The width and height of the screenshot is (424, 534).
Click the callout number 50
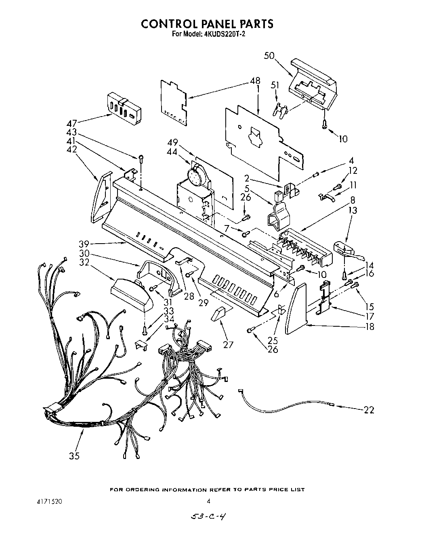270,56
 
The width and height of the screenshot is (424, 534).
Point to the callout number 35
74,456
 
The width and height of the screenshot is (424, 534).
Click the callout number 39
84,244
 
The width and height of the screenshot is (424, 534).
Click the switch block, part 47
123,107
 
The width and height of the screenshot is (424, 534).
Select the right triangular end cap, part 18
296,309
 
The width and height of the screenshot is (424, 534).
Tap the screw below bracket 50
324,125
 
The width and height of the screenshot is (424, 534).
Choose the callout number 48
255,81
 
